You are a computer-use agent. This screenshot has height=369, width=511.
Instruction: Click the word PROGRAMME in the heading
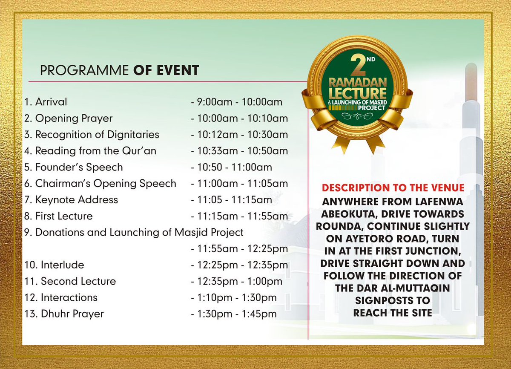click(85, 70)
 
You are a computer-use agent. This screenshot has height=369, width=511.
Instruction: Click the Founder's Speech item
click(74, 167)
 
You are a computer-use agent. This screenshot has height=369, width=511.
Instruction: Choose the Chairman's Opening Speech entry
click(100, 183)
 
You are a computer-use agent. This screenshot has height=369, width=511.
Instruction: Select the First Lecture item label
click(58, 216)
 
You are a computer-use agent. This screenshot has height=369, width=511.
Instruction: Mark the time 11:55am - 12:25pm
click(239, 248)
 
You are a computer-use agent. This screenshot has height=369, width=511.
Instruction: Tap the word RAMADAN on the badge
click(356, 82)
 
